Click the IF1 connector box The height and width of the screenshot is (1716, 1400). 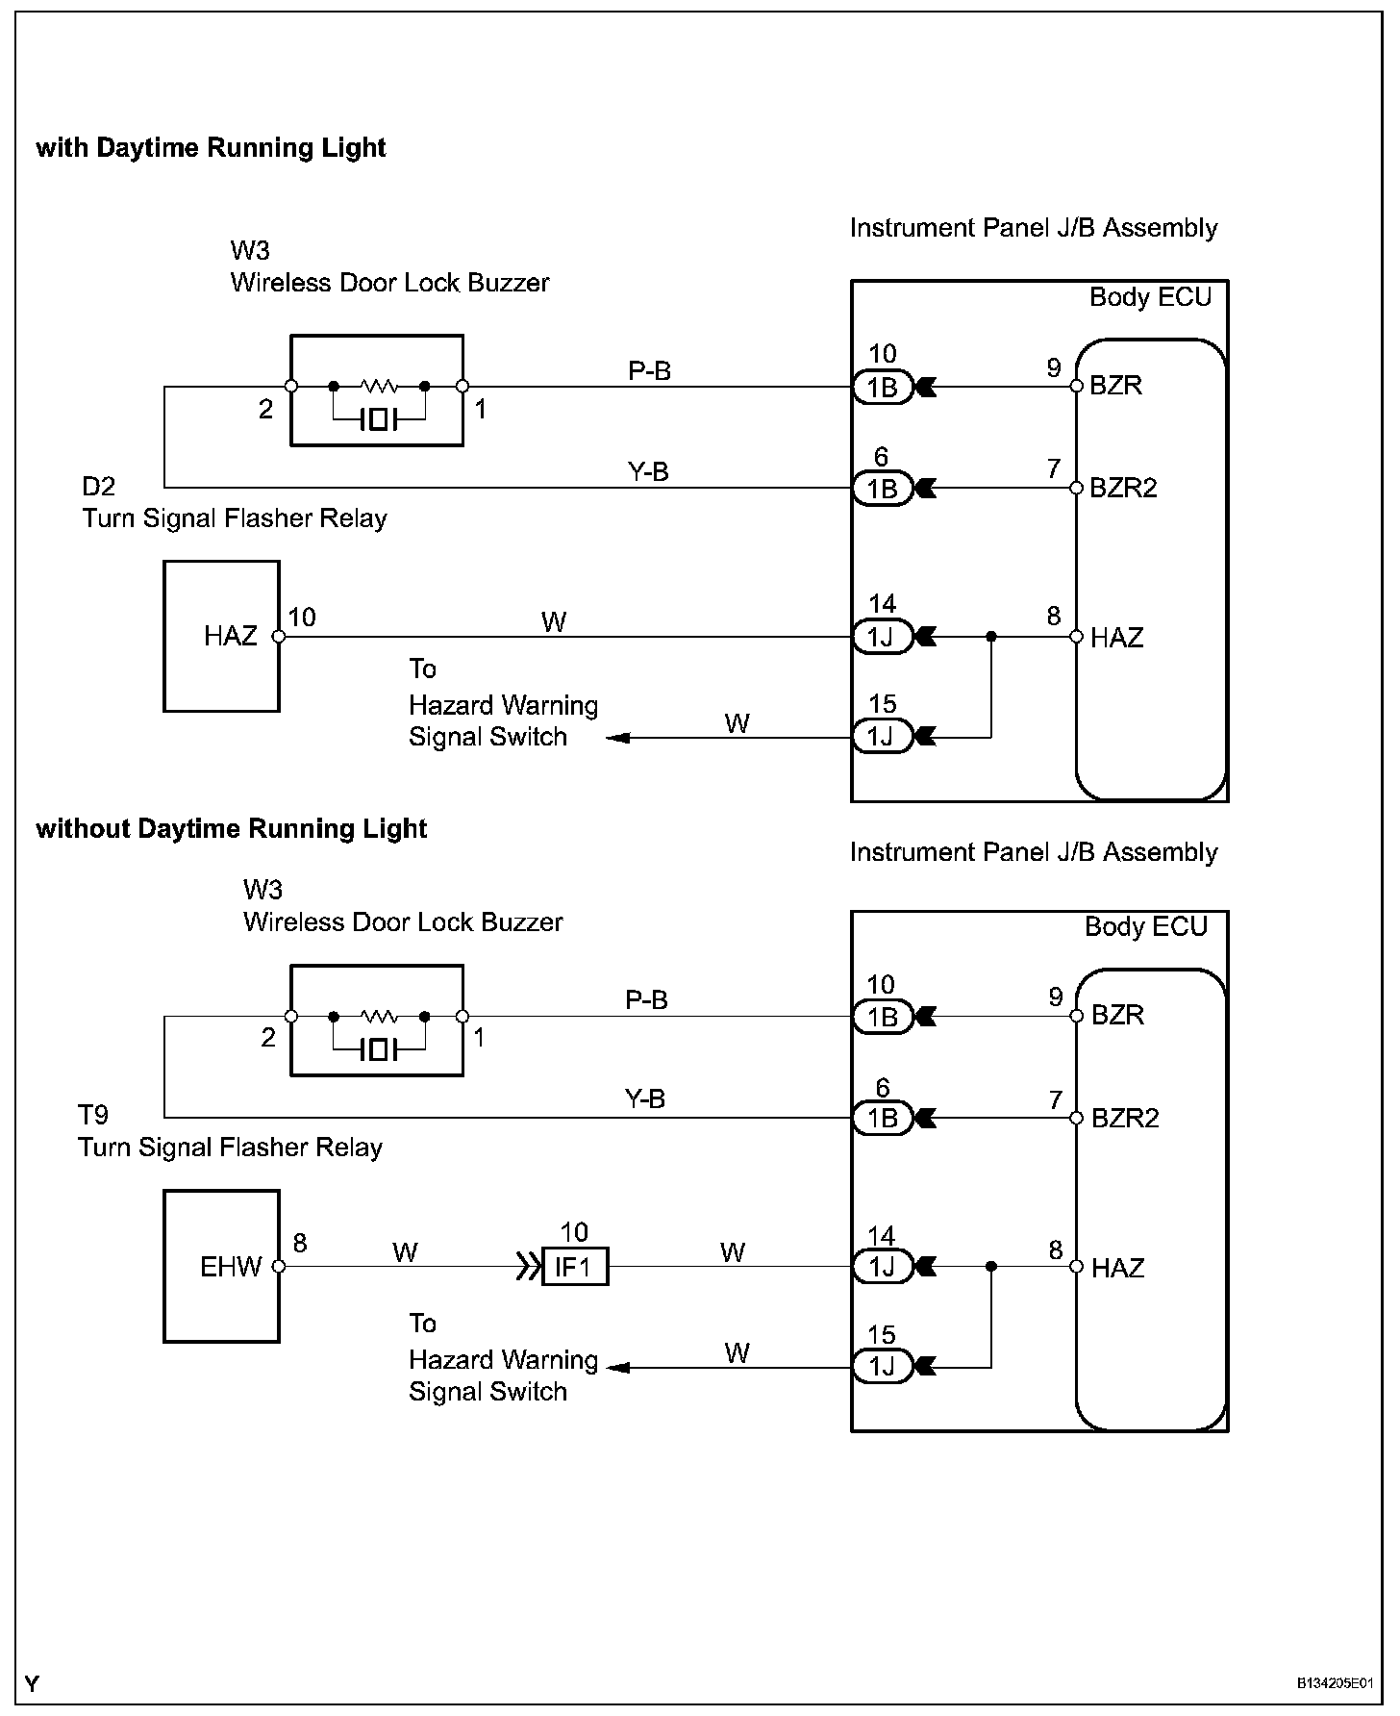coord(575,1267)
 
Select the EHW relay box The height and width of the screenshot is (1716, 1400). coord(221,1266)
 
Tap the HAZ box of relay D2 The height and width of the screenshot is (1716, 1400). coord(221,636)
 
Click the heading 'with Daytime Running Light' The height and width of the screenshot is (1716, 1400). coord(211,148)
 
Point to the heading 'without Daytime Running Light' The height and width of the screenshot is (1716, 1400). coord(231,829)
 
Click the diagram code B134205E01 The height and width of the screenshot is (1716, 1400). coord(1335,1684)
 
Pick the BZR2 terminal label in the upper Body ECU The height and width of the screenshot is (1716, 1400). coord(1123,488)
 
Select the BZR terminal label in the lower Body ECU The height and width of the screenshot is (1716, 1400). coord(1117,1015)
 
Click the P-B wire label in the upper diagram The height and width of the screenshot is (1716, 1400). coord(649,370)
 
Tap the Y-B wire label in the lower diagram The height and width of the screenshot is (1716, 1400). coord(644,1098)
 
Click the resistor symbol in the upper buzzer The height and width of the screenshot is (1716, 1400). coord(379,386)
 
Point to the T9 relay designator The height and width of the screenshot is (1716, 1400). coord(93,1115)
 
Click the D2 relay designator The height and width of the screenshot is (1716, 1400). coord(99,486)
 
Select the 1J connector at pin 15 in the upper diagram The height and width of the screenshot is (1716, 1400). coord(883,737)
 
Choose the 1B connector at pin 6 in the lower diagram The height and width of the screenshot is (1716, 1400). coord(883,1117)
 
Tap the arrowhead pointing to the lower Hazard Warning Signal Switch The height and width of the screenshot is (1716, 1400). coord(618,1367)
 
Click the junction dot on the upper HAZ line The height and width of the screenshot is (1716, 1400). coord(991,636)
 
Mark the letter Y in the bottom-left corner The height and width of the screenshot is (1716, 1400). coord(33,1683)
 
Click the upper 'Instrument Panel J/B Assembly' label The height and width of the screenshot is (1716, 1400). coord(1034,228)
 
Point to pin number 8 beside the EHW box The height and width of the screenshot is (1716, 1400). coord(300,1243)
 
